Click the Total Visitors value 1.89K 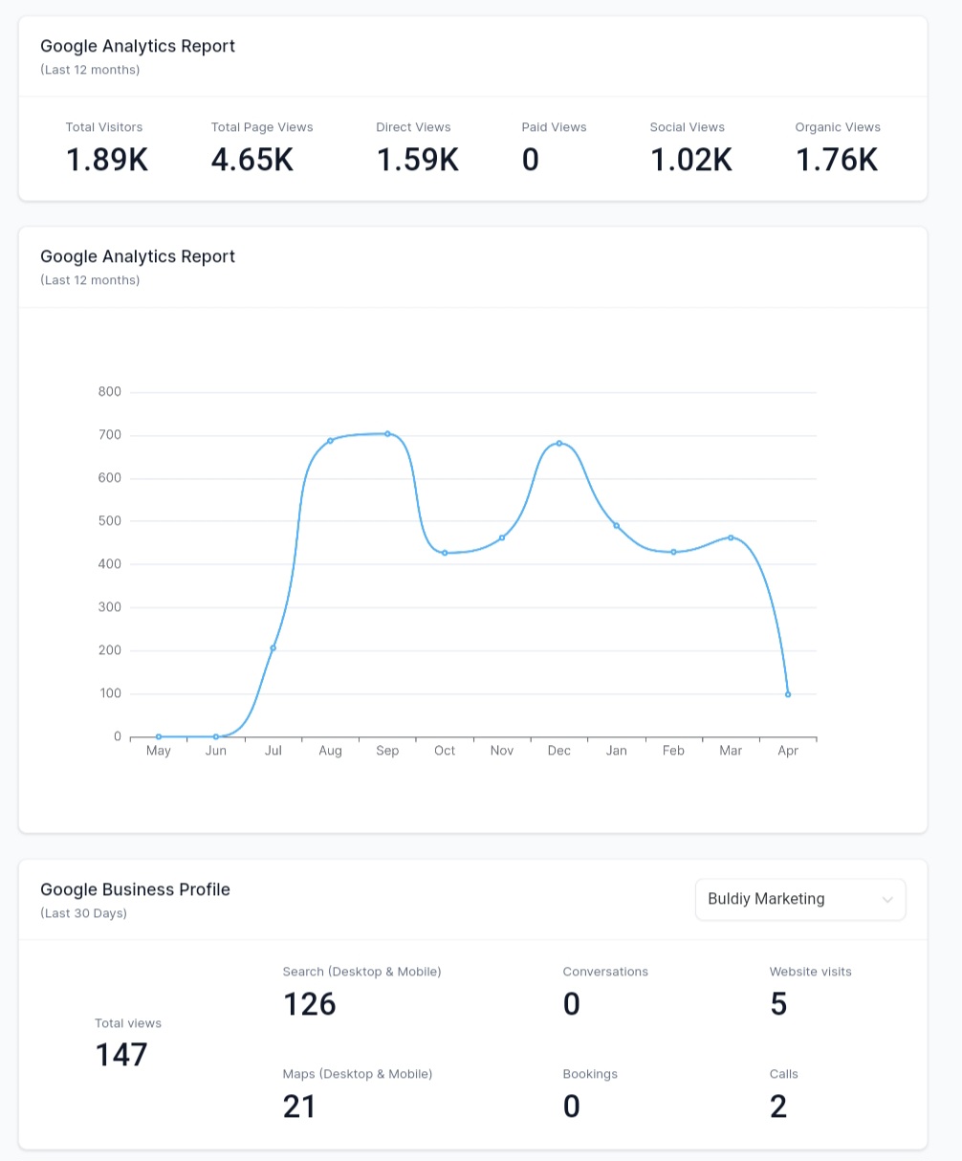[x=107, y=160]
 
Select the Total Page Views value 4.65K [x=252, y=160]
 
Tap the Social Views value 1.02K [x=691, y=160]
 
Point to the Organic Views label [x=838, y=127]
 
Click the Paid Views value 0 [x=531, y=160]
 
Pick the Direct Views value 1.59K [x=418, y=160]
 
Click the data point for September [x=387, y=433]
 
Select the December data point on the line [x=559, y=443]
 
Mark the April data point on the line [x=788, y=694]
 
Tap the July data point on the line [x=273, y=648]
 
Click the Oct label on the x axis [x=445, y=751]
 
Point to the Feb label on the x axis [x=673, y=751]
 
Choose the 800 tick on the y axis [x=110, y=391]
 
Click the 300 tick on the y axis [x=110, y=607]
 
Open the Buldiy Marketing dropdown [x=800, y=900]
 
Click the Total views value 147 [x=121, y=1055]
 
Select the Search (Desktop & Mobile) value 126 [x=310, y=1004]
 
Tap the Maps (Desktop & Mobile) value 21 [x=299, y=1106]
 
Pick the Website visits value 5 [x=778, y=1004]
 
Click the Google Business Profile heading [x=135, y=889]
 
